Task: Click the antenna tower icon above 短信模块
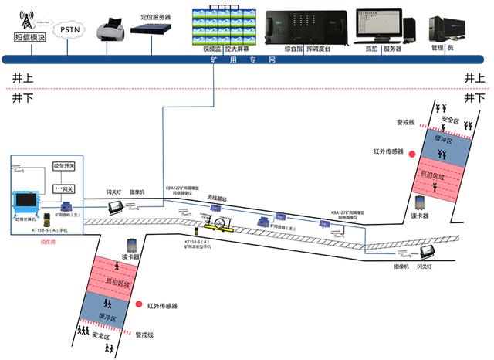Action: click(29, 18)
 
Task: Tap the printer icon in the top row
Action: click(108, 31)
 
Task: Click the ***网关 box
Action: click(63, 188)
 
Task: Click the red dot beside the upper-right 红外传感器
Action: click(413, 153)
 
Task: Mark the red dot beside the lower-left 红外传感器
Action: click(139, 306)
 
